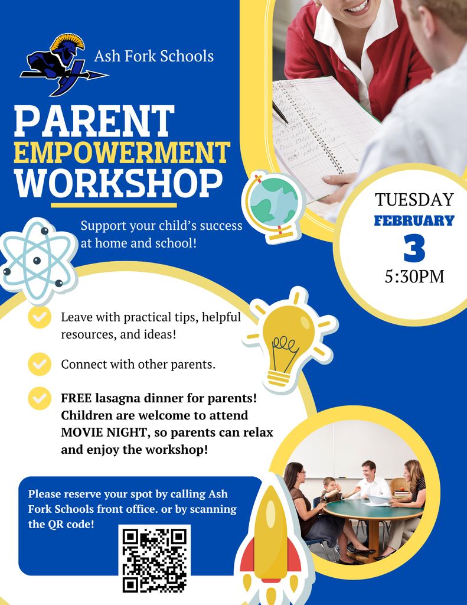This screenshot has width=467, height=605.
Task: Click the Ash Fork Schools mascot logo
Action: coord(62,64)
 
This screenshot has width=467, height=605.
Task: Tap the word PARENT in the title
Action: coord(94,121)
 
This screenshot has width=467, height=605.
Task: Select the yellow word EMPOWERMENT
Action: coord(121,152)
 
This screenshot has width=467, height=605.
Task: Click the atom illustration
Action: coord(37,258)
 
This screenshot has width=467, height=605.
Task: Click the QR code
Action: coord(154,559)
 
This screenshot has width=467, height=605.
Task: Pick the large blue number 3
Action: coord(414,249)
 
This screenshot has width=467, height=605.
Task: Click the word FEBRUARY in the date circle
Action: coord(414,221)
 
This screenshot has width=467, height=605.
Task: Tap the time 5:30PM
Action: coord(414,276)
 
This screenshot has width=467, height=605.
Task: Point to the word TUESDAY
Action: coord(414,200)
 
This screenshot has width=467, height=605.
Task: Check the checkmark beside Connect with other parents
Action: coord(40,364)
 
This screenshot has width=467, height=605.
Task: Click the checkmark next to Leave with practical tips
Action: coord(40,317)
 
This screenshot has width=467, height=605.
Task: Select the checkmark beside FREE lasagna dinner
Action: coord(40,398)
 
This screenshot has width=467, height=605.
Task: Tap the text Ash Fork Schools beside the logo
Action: coord(154,56)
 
